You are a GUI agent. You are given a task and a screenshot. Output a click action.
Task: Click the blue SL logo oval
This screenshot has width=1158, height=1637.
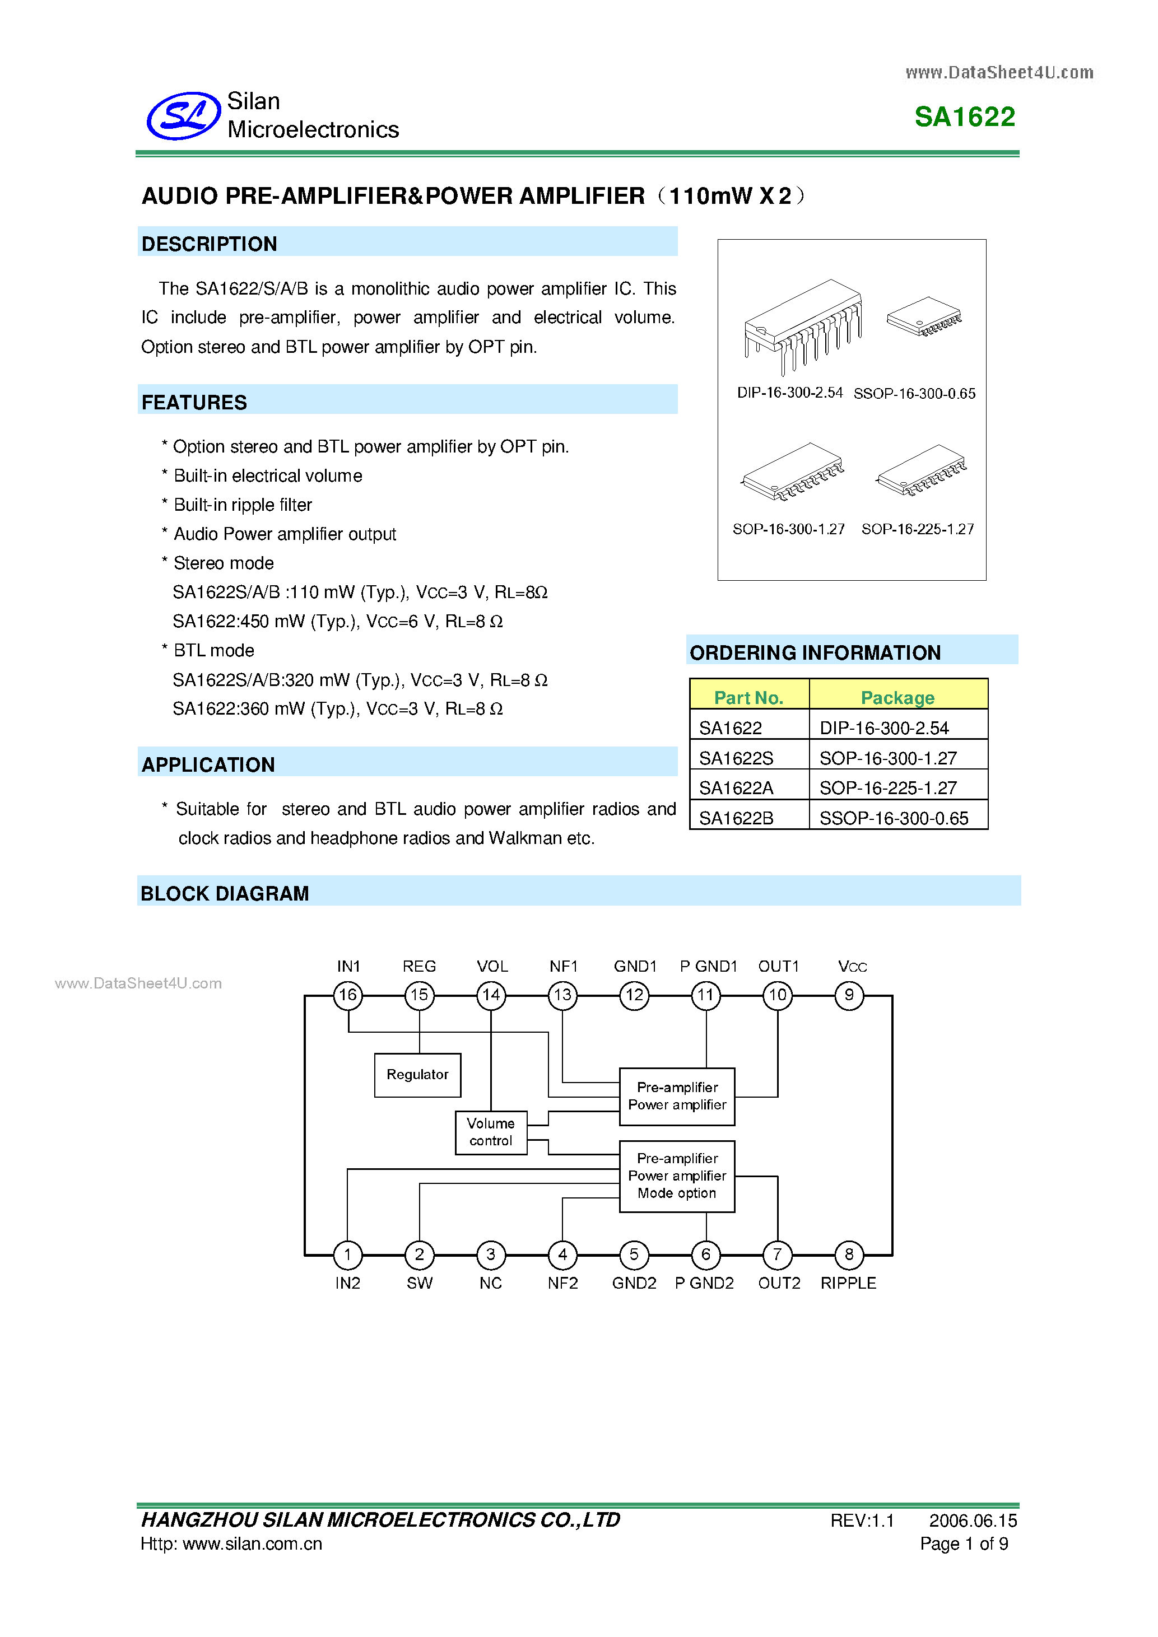(x=183, y=115)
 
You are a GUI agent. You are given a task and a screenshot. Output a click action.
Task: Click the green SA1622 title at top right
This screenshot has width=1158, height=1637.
(x=964, y=117)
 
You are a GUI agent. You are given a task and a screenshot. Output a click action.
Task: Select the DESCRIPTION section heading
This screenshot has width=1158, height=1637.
(x=209, y=244)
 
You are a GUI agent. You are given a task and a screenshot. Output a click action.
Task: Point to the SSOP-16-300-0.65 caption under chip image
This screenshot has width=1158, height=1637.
(x=914, y=394)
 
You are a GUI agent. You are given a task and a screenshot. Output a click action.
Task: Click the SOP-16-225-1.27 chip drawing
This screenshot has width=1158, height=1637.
(x=921, y=470)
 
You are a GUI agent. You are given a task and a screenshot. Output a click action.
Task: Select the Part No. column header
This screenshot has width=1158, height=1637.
(x=748, y=697)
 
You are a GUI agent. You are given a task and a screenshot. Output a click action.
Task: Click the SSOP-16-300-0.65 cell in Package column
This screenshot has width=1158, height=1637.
(x=894, y=818)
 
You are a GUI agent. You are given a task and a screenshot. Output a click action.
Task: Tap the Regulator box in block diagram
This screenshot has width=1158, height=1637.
(x=417, y=1075)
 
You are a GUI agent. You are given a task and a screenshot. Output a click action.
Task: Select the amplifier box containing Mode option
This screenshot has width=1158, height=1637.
(x=677, y=1176)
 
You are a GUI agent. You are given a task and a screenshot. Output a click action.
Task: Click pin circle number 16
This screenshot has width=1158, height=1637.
(x=348, y=995)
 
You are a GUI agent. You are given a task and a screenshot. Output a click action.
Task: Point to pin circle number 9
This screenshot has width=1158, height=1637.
(x=849, y=995)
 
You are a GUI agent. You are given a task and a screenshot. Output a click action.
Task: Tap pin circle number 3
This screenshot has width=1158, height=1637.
(x=491, y=1254)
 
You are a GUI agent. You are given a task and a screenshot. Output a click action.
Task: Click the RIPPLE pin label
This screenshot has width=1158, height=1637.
(x=848, y=1282)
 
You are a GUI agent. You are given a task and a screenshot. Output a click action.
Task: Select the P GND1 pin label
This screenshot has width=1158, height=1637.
(x=708, y=966)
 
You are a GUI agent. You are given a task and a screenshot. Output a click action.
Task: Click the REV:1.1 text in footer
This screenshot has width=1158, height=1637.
(x=862, y=1521)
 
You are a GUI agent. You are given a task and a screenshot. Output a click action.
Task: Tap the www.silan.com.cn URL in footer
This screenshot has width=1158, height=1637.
(x=253, y=1543)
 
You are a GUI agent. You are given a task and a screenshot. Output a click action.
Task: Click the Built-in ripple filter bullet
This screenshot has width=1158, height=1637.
(x=243, y=505)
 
